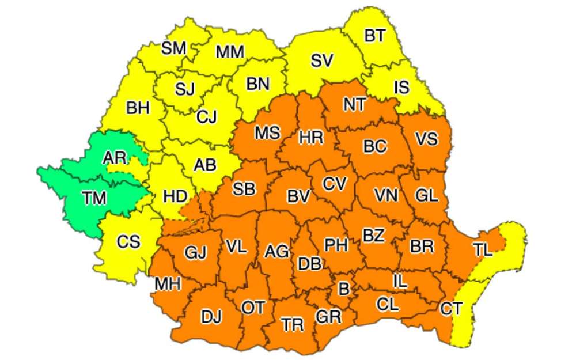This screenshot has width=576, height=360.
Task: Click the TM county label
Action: click(94, 199)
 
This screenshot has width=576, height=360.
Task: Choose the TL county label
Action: click(484, 249)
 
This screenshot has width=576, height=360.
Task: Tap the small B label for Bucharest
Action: click(343, 289)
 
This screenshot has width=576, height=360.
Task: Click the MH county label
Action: click(168, 283)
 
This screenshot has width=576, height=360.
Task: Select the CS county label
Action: click(128, 242)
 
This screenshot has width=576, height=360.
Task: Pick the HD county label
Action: click(175, 196)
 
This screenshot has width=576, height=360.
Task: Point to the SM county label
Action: click(173, 48)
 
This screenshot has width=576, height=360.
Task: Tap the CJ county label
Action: click(206, 117)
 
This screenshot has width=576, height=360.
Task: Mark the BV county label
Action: click(299, 196)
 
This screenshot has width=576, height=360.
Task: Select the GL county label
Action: click(426, 195)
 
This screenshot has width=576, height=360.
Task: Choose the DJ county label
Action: click(212, 316)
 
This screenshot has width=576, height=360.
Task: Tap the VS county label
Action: click(426, 139)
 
